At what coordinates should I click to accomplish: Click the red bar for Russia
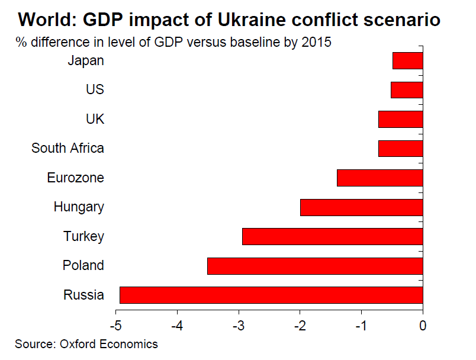click(271, 295)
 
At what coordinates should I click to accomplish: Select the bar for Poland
click(315, 266)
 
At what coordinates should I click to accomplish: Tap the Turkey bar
click(333, 237)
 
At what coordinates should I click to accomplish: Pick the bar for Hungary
click(361, 207)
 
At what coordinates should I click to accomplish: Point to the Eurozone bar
click(379, 178)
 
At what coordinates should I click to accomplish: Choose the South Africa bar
click(400, 149)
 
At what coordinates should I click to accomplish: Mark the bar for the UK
click(400, 119)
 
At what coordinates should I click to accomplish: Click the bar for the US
click(407, 90)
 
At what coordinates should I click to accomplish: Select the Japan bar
click(407, 60)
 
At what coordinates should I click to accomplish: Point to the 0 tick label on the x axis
click(423, 325)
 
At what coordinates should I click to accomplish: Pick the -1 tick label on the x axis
click(361, 325)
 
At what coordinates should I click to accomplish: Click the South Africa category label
click(67, 148)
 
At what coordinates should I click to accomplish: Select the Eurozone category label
click(75, 178)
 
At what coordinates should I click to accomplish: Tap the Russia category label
click(83, 295)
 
